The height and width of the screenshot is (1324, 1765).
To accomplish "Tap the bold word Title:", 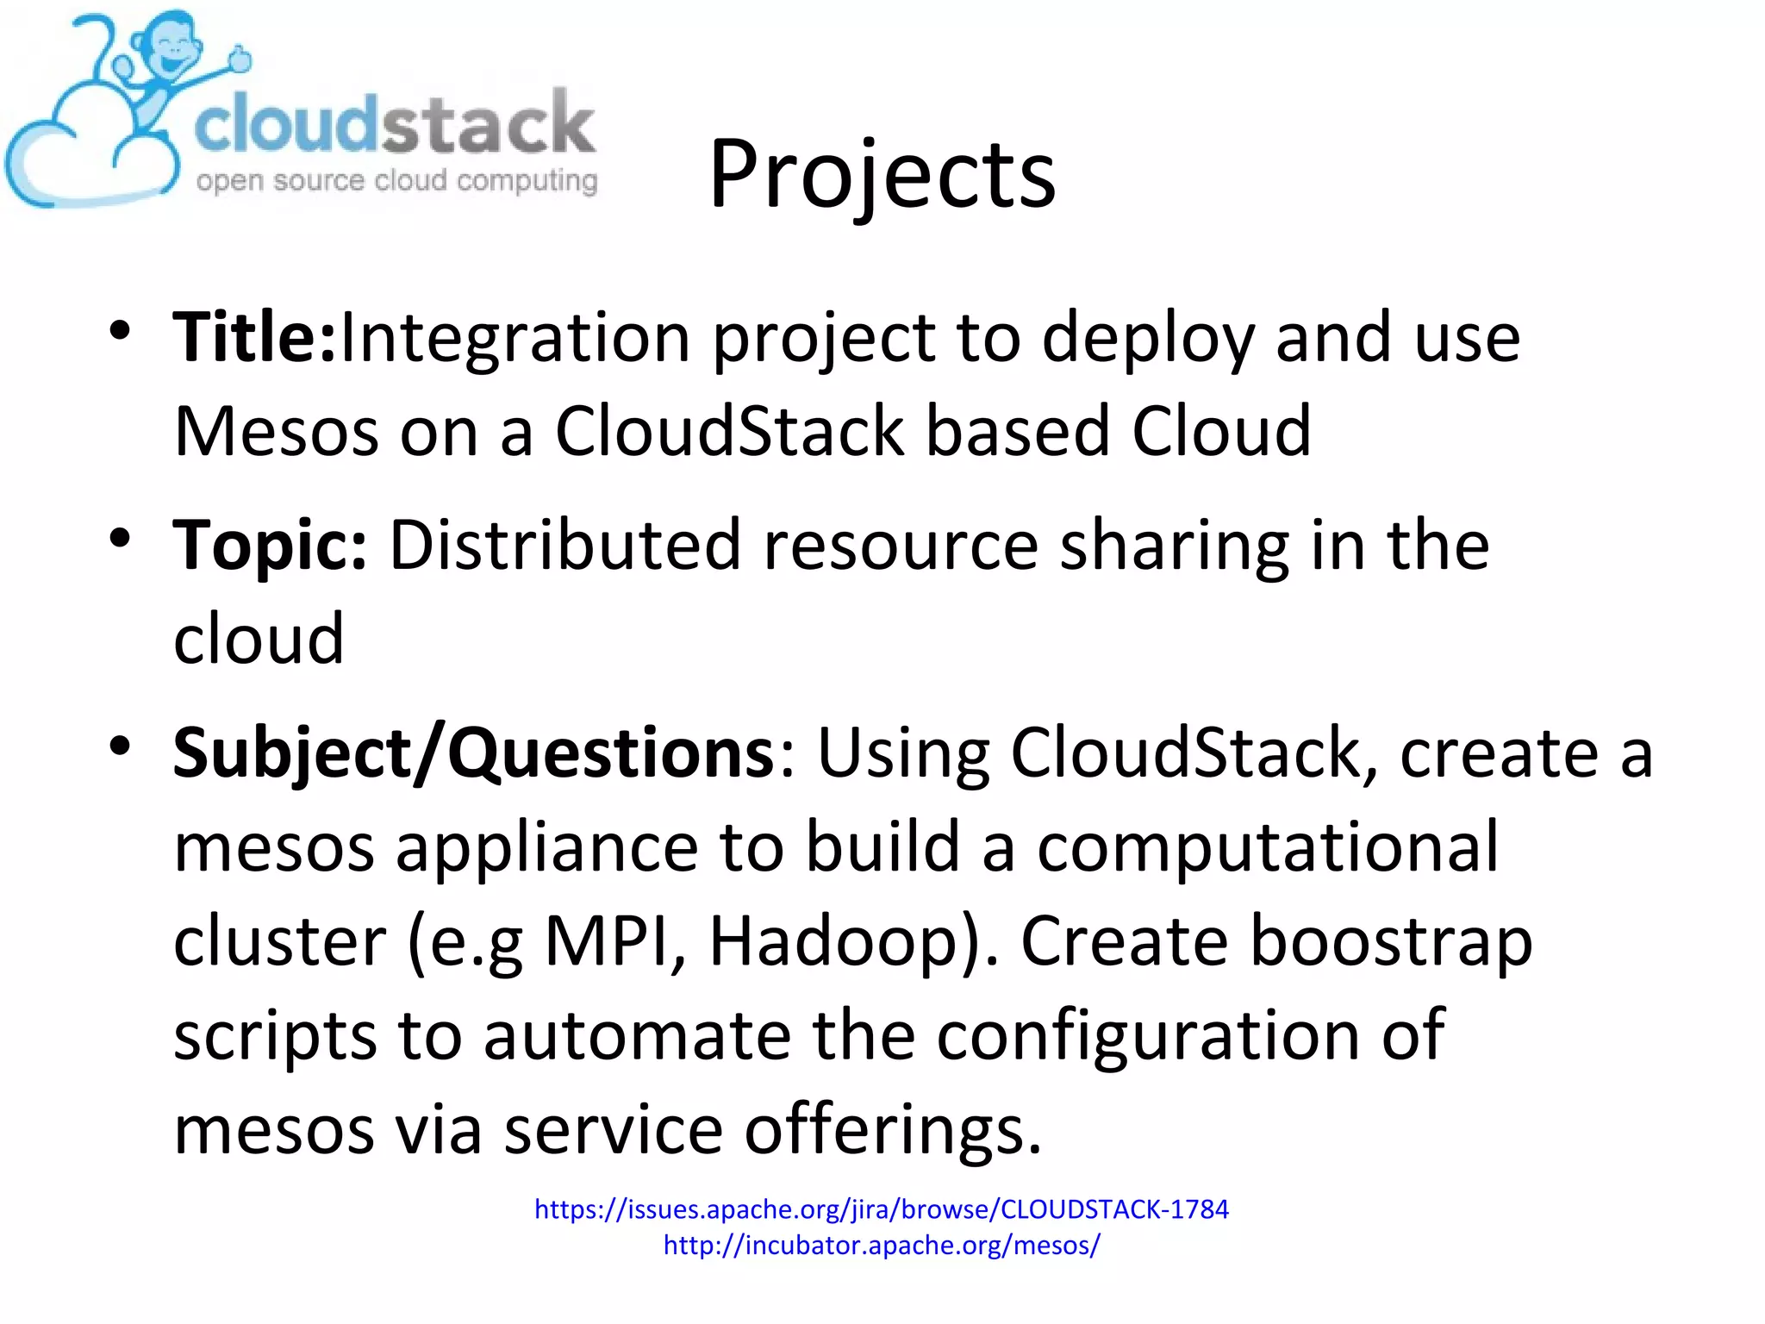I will (255, 337).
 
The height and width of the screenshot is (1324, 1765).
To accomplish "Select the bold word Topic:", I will (270, 545).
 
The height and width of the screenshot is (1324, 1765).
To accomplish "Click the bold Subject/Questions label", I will (475, 753).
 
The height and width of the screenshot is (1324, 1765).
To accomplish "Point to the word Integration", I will (515, 337).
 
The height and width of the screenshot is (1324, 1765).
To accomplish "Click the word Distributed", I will (564, 545).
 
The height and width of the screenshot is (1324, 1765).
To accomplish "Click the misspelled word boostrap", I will (1391, 941).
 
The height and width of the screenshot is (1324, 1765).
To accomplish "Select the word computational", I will (1268, 847).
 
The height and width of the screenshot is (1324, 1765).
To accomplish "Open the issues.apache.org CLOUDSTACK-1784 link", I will (881, 1209).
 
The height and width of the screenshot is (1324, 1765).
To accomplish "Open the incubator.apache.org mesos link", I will (881, 1246).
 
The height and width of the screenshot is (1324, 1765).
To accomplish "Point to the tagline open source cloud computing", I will (396, 181).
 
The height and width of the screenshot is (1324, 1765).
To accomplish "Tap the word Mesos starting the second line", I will (276, 431).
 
